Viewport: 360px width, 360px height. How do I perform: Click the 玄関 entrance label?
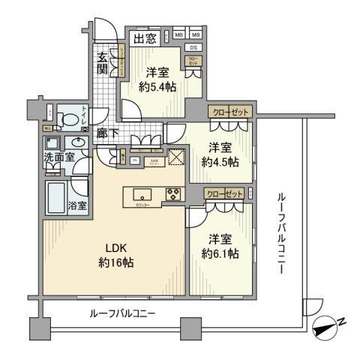point(102,62)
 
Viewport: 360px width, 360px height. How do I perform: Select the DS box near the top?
point(193,47)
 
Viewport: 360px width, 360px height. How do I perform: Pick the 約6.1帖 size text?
point(220,254)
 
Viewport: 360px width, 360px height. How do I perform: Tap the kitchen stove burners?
point(172,192)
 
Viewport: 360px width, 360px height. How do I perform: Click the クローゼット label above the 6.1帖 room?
point(225,194)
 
